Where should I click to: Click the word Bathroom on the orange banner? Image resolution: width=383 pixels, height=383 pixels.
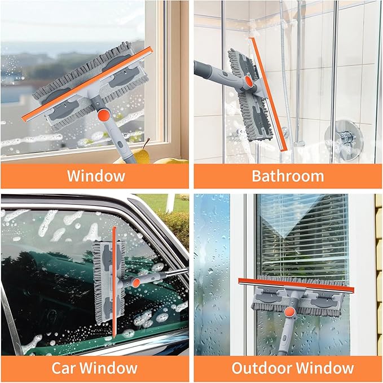[x=288, y=175]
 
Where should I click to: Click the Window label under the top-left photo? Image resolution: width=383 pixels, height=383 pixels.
[x=96, y=175]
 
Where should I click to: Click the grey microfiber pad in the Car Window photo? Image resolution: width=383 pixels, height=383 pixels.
[x=102, y=282]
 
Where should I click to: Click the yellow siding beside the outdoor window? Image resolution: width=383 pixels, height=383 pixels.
[x=378, y=254]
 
